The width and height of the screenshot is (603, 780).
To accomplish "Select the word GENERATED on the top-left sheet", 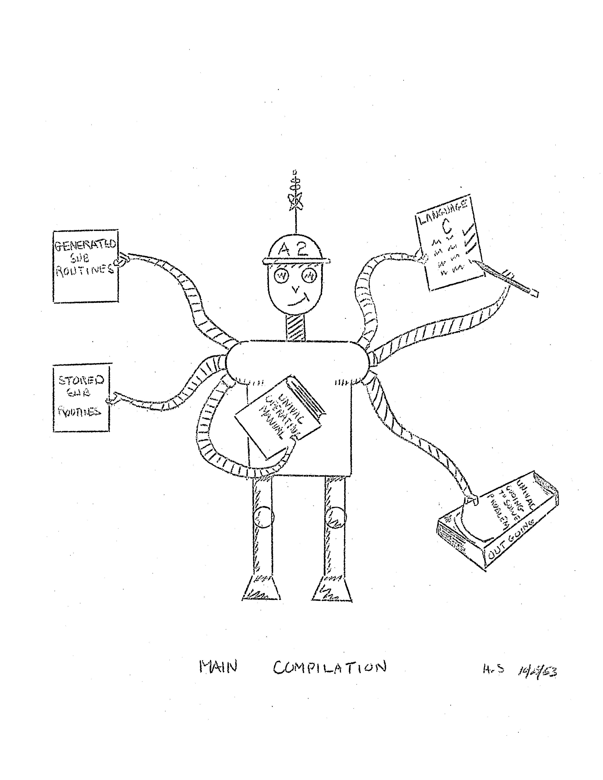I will pos(85,245).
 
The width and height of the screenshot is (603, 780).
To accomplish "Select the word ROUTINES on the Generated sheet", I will pos(85,268).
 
